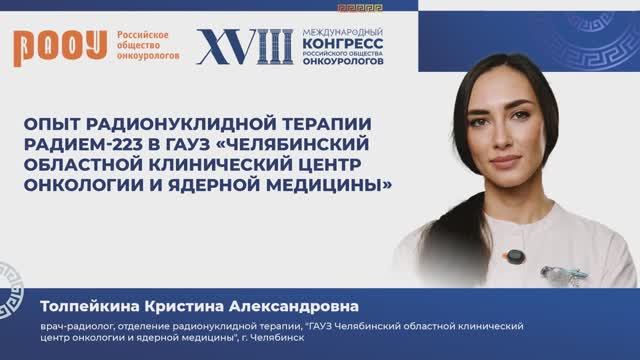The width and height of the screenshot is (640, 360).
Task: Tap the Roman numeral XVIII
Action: click(245, 46)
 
